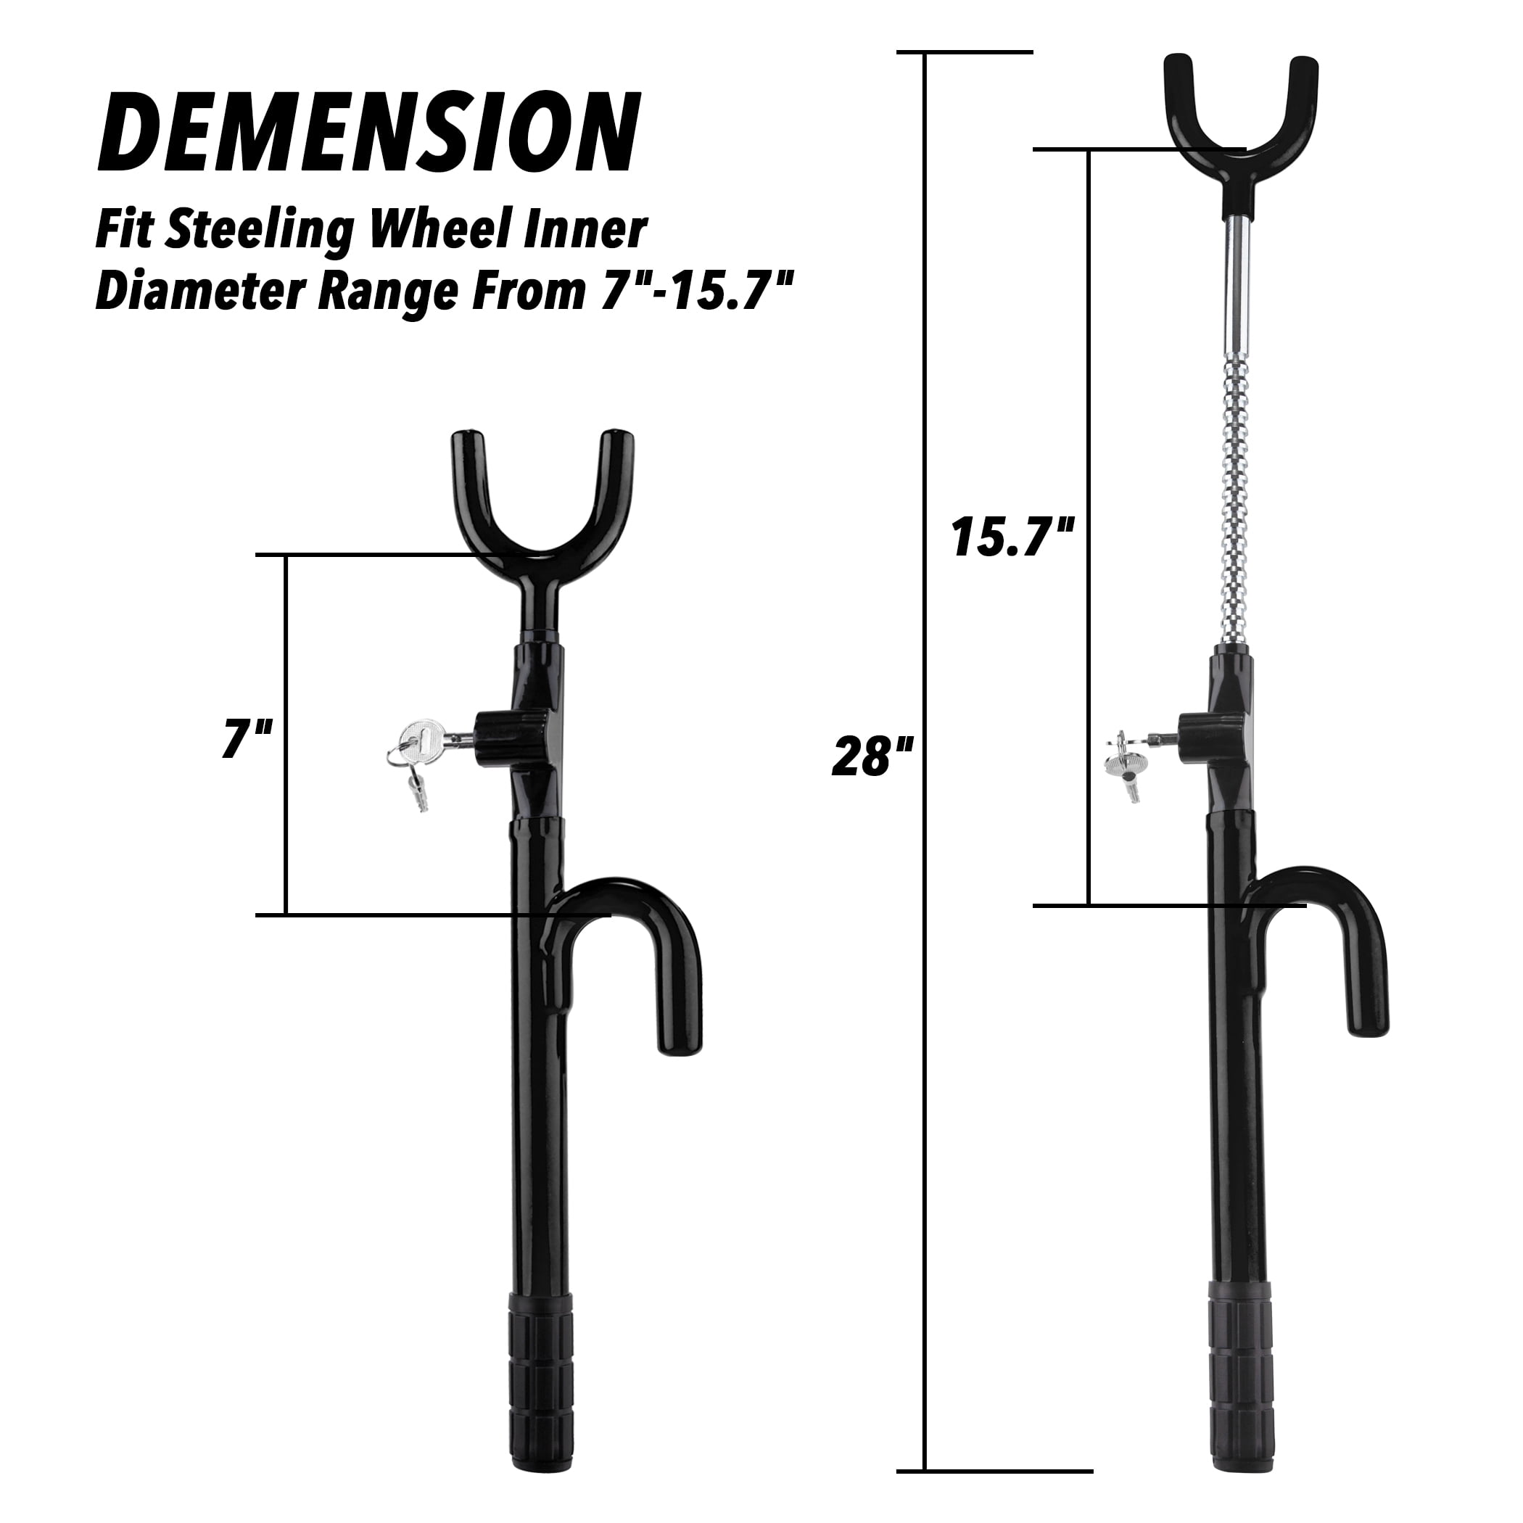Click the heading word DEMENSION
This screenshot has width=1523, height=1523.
coord(368,133)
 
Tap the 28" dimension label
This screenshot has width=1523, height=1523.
coord(872,756)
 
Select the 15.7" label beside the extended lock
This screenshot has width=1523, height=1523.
coord(1013,537)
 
